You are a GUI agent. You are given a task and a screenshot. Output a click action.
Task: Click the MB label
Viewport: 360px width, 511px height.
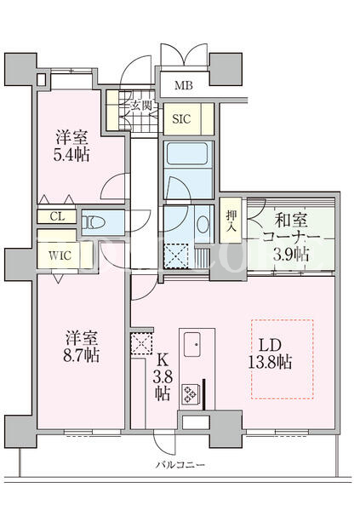(184, 85)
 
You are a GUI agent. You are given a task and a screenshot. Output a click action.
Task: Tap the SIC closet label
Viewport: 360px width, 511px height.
(181, 119)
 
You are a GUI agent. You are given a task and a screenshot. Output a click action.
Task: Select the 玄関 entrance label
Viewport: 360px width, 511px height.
(141, 106)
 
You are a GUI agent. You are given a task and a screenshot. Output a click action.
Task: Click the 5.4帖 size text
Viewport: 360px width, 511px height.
(71, 154)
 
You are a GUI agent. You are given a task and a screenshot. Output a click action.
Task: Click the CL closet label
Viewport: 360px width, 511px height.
(57, 216)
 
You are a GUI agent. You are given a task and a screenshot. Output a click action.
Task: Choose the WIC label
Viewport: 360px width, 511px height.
(60, 255)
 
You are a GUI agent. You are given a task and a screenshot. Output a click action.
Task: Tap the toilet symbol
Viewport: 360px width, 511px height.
(93, 222)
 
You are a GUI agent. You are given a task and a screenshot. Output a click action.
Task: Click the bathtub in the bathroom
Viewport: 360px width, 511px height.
(187, 154)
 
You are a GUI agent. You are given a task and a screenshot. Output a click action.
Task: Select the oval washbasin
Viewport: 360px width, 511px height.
(203, 224)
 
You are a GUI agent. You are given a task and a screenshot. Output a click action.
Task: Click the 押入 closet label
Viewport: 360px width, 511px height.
(231, 220)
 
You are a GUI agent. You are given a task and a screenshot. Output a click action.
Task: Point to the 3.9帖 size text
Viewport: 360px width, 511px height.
(290, 254)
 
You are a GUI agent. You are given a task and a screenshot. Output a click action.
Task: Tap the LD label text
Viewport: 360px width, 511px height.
(270, 345)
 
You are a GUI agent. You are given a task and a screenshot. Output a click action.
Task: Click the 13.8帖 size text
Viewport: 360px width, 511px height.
(270, 361)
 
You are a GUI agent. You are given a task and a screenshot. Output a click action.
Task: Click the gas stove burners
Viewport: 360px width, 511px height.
(189, 393)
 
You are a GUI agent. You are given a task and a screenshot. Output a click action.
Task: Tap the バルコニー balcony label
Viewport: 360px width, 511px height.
(180, 464)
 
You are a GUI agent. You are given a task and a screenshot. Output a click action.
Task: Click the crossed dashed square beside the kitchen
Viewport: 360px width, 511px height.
(142, 343)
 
